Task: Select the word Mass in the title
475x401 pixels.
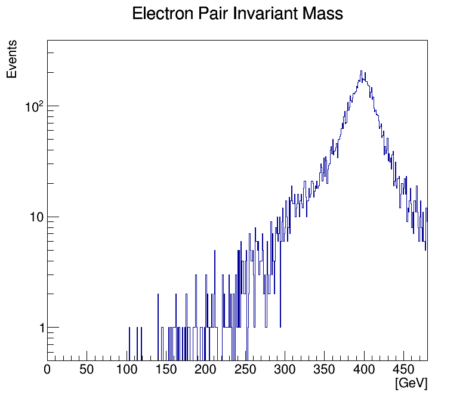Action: [x=323, y=14]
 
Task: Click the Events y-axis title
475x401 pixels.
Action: [x=12, y=60]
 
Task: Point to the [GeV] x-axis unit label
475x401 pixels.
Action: [x=411, y=383]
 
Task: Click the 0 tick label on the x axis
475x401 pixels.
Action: [x=48, y=369]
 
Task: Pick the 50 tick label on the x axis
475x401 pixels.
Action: [x=87, y=369]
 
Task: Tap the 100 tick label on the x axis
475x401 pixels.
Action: [x=127, y=369]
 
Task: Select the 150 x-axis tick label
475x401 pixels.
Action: [x=166, y=369]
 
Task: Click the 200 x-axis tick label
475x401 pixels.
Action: [x=206, y=369]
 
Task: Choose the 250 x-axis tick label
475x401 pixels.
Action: [x=245, y=369]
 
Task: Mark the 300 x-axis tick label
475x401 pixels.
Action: [x=285, y=369]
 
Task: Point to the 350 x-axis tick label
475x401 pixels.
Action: [x=324, y=369]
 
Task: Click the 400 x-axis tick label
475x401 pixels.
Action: [x=364, y=369]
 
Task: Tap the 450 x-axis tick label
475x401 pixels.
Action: [x=403, y=369]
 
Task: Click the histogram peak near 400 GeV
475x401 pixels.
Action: [x=361, y=72]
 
